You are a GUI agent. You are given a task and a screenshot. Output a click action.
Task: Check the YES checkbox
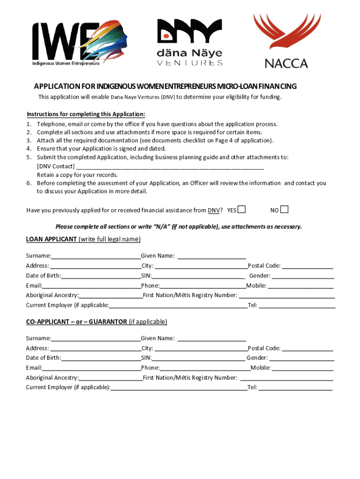click(x=242, y=209)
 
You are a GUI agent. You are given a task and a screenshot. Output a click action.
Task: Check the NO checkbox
click(x=284, y=209)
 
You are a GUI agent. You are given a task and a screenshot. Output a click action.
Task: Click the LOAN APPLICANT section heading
click(x=83, y=239)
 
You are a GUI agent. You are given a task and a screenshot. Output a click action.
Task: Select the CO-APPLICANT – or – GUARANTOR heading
click(x=96, y=322)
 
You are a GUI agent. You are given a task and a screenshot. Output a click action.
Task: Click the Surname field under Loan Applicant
click(x=96, y=256)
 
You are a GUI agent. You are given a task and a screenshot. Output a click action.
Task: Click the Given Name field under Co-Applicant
click(x=211, y=338)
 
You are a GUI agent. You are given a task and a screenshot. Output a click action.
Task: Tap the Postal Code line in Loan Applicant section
click(x=307, y=266)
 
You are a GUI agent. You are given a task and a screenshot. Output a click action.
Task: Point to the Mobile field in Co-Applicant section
click(x=303, y=368)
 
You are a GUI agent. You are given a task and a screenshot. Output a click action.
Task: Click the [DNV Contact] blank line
click(x=170, y=166)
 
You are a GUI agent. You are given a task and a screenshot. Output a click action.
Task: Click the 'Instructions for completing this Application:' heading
click(x=86, y=114)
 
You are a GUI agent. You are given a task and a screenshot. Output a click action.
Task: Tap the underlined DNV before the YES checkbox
click(x=213, y=210)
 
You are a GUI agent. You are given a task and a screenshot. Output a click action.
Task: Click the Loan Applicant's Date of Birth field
click(x=101, y=276)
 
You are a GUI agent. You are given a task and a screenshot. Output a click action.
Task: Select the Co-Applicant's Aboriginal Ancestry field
click(x=110, y=378)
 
